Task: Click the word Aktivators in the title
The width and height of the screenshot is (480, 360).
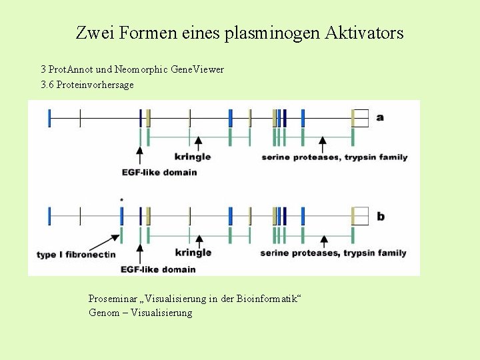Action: (x=364, y=33)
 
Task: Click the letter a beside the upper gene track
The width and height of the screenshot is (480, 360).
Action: (x=380, y=118)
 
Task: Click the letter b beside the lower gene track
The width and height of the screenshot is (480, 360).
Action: (x=381, y=217)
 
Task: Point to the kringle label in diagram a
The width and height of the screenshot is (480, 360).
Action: (x=192, y=157)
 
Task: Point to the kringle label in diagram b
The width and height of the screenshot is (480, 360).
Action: (x=193, y=253)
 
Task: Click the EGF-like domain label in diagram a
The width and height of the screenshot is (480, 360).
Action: (x=159, y=173)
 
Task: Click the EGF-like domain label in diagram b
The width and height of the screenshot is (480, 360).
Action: (x=158, y=269)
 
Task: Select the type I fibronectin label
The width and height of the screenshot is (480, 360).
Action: (x=76, y=255)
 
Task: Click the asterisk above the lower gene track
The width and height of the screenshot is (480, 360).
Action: (x=121, y=200)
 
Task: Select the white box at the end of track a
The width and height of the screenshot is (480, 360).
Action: (x=361, y=117)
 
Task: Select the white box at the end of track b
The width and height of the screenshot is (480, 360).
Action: (x=361, y=216)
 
